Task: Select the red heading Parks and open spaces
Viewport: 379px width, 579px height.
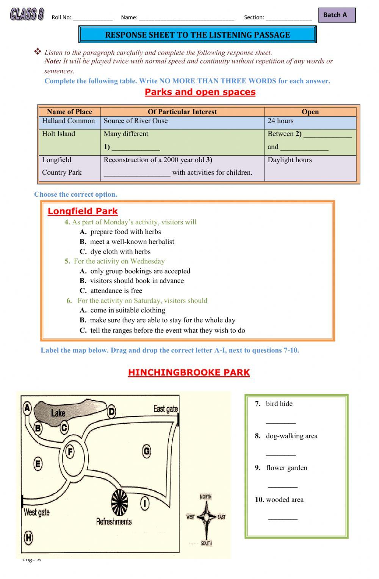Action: pyautogui.click(x=200, y=92)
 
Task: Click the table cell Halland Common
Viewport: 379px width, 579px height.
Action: pyautogui.click(x=69, y=121)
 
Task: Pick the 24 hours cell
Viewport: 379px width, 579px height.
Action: pyautogui.click(x=280, y=121)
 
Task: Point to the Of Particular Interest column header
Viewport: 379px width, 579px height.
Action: pyautogui.click(x=182, y=112)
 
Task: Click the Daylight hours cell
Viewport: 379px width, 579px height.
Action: pyautogui.click(x=290, y=160)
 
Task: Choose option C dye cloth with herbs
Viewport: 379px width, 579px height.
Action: pyautogui.click(x=120, y=251)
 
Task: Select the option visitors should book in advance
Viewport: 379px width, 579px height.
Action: pyautogui.click(x=137, y=281)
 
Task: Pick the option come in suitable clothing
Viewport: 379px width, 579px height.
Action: pyautogui.click(x=128, y=310)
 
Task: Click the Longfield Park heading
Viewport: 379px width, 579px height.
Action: pyautogui.click(x=83, y=211)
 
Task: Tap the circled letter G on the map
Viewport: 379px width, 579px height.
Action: pyautogui.click(x=147, y=451)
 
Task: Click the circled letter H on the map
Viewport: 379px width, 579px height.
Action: pyautogui.click(x=28, y=537)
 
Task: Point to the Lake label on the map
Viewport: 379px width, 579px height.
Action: pyautogui.click(x=58, y=413)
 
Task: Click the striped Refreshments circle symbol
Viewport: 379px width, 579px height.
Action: pyautogui.click(x=119, y=503)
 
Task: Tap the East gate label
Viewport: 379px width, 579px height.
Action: pyautogui.click(x=166, y=409)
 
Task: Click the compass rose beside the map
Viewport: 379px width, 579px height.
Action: pyautogui.click(x=206, y=517)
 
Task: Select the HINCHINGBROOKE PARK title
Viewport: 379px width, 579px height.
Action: pyautogui.click(x=189, y=372)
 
